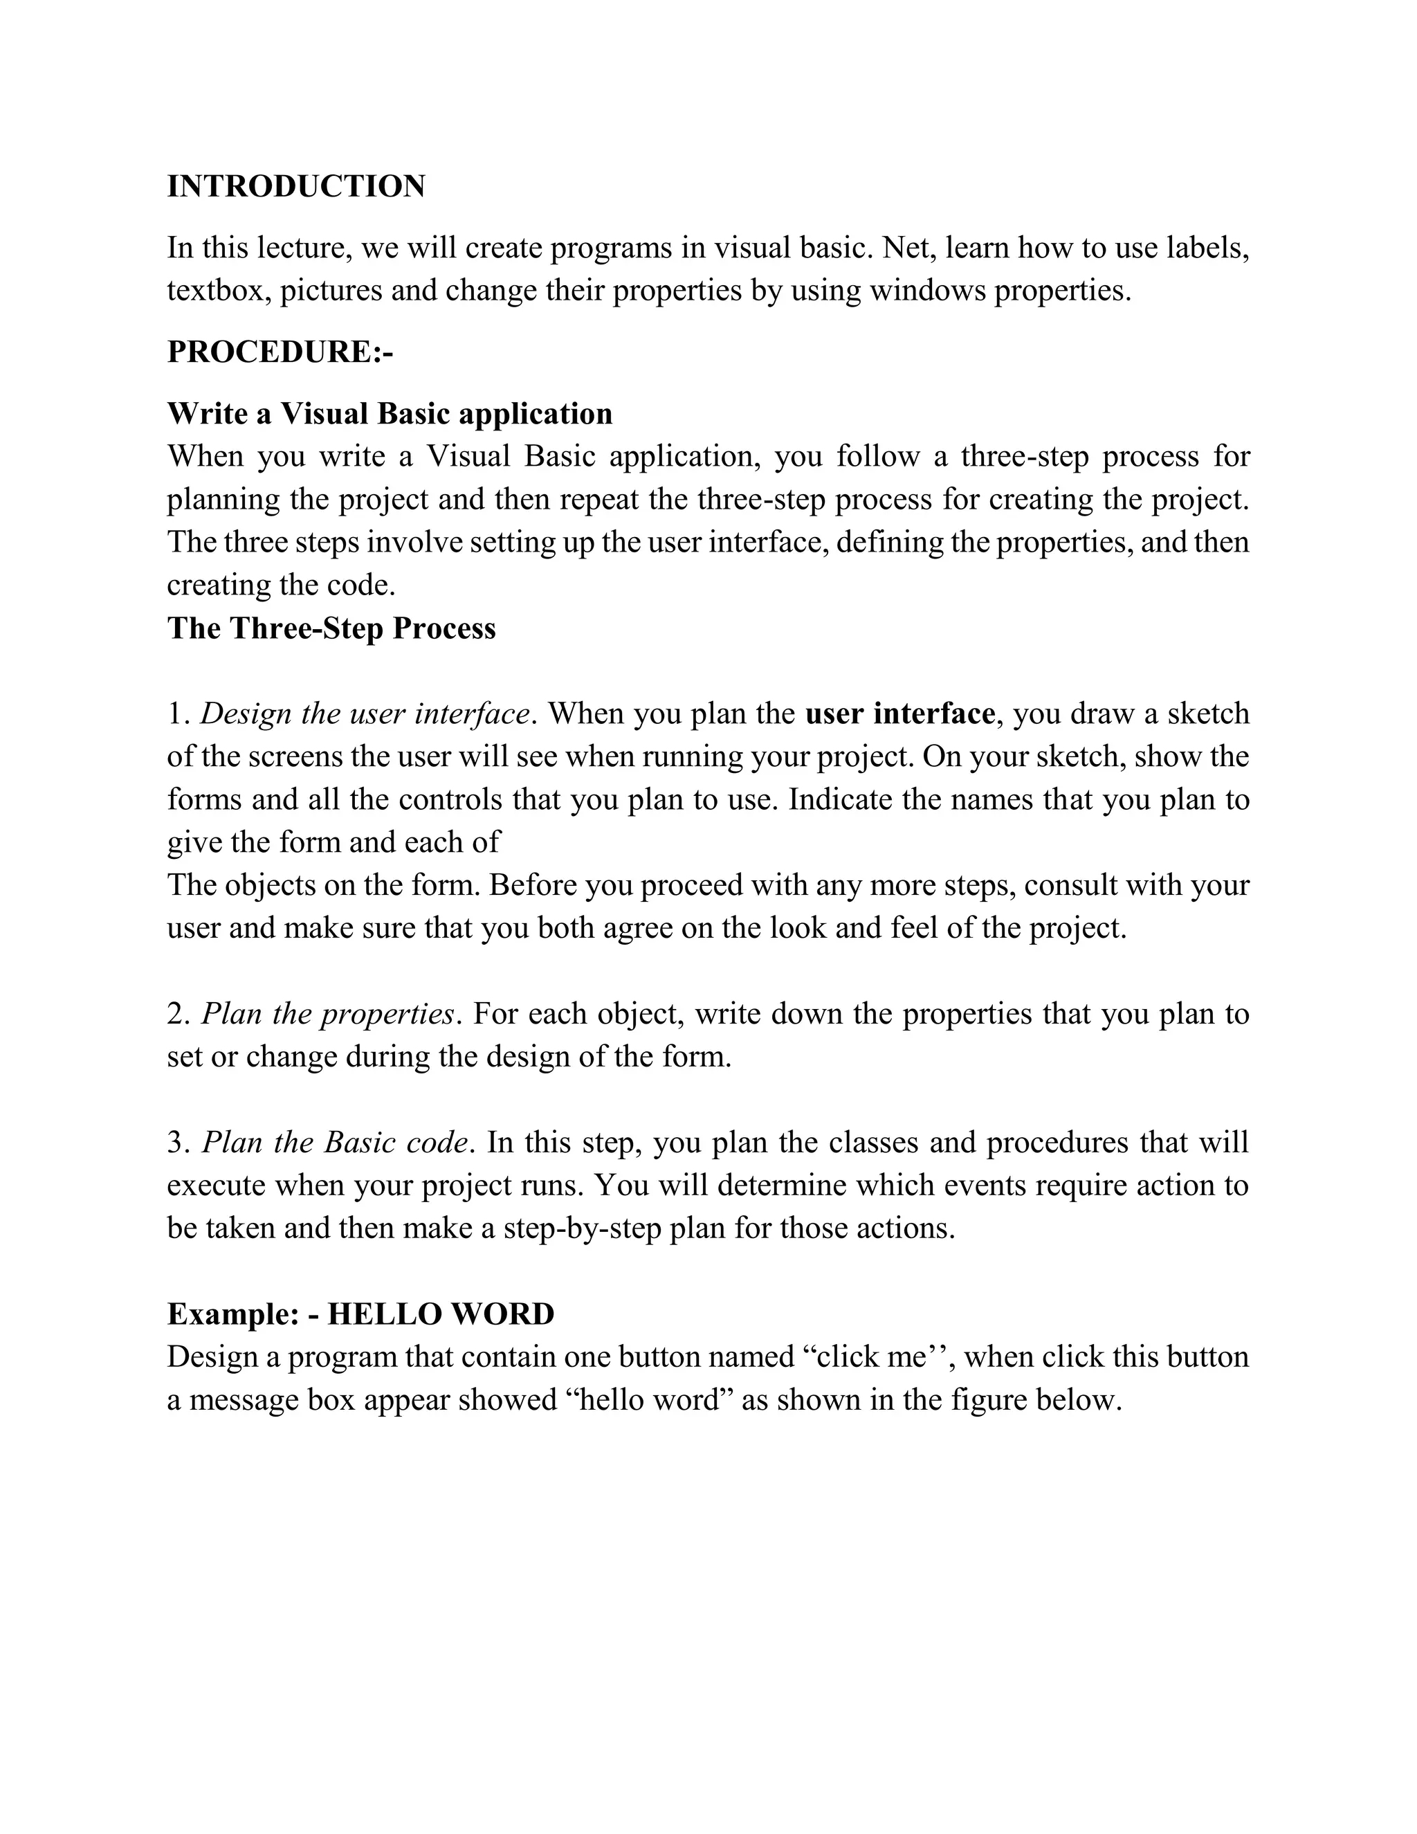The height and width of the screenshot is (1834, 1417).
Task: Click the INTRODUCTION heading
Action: click(x=295, y=186)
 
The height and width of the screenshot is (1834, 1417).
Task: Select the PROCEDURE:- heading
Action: click(x=280, y=351)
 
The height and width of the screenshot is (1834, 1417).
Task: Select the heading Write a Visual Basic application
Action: click(x=390, y=413)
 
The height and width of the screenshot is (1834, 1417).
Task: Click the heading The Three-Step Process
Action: click(x=331, y=628)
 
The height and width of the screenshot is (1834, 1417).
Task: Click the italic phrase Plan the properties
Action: click(x=327, y=1015)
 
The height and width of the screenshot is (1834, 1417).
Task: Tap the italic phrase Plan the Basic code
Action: click(x=335, y=1143)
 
